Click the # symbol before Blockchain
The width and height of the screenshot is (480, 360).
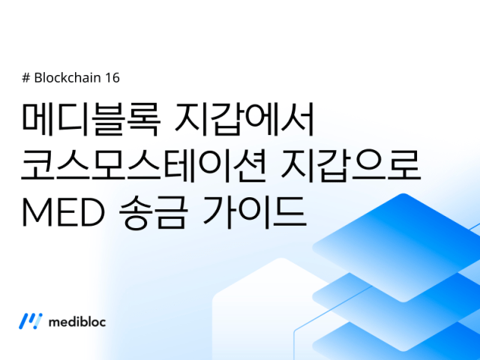[x=27, y=78]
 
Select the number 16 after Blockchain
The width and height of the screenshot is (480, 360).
[x=112, y=78]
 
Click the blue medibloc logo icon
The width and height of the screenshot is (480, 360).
[x=31, y=321]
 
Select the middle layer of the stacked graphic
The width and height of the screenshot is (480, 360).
[x=397, y=289]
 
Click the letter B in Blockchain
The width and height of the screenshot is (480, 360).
[x=38, y=78]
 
